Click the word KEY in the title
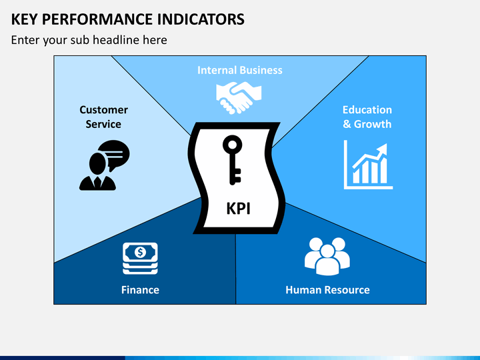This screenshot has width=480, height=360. (24, 19)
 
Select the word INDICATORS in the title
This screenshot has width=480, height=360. (201, 19)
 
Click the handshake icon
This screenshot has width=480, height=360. (239, 97)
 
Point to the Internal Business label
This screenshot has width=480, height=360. (240, 70)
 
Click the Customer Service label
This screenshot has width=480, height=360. (103, 117)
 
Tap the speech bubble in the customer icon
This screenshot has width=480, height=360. (114, 155)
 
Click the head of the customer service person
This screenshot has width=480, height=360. (97, 164)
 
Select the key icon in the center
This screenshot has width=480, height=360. (232, 160)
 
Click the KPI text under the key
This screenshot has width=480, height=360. (239, 209)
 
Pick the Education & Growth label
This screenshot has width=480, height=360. (367, 117)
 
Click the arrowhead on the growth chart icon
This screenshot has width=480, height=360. (383, 150)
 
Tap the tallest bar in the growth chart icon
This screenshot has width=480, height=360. (383, 171)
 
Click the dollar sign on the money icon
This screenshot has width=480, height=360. (140, 253)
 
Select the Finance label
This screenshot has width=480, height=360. (140, 290)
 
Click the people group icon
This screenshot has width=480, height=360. (327, 257)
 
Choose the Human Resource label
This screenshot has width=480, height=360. (327, 290)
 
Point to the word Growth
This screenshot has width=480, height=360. (373, 124)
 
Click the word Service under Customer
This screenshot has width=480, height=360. (103, 124)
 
